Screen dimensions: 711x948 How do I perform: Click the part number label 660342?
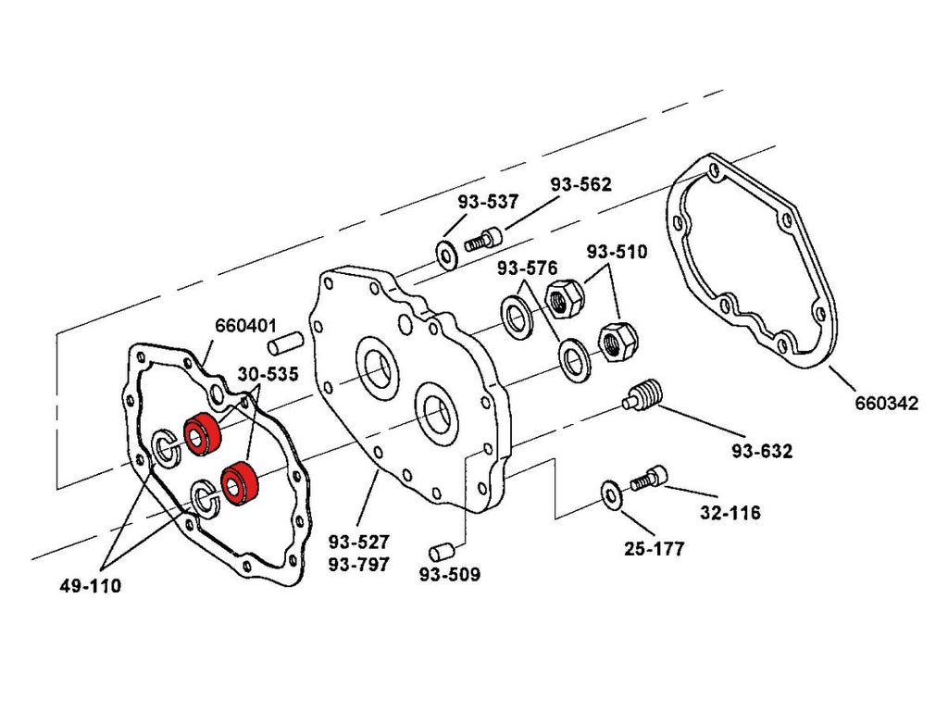886,404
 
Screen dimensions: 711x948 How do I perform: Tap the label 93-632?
762,452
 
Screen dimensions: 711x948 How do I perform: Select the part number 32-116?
730,512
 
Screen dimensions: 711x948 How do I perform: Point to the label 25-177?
654,549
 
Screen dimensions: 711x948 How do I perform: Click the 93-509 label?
450,575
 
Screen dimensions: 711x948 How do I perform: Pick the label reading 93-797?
358,564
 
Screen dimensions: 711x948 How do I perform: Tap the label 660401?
246,326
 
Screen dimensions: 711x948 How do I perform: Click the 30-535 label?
268,374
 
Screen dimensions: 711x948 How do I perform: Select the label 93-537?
488,202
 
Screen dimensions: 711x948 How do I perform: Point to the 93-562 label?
580,184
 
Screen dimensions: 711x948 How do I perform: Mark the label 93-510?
617,252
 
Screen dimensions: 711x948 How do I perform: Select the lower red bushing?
239,483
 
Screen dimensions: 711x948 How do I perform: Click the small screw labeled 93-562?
482,241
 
